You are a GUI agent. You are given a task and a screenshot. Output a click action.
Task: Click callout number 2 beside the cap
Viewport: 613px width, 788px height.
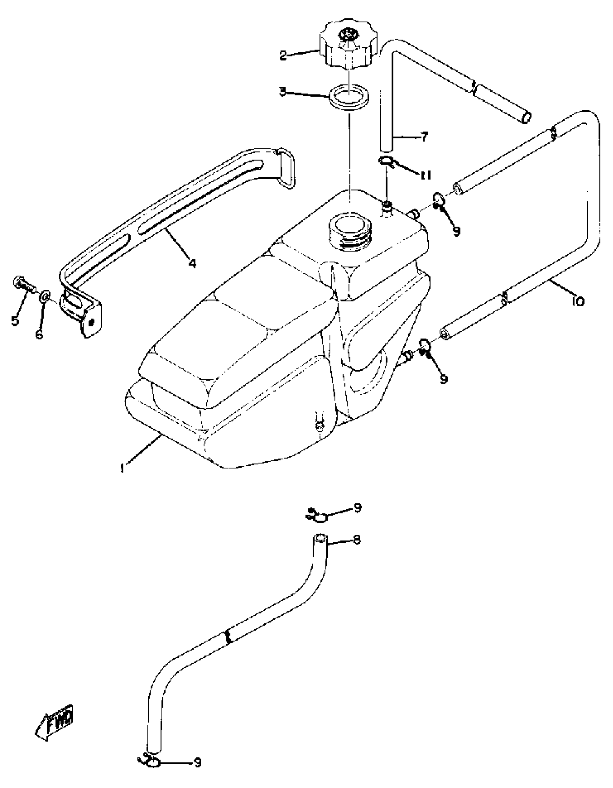pyautogui.click(x=283, y=55)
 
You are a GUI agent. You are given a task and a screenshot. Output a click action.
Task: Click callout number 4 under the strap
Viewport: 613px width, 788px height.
pyautogui.click(x=193, y=264)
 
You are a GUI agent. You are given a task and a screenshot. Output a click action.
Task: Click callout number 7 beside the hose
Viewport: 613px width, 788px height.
pyautogui.click(x=424, y=137)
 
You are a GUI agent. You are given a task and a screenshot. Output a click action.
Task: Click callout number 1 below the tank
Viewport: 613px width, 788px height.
pyautogui.click(x=123, y=468)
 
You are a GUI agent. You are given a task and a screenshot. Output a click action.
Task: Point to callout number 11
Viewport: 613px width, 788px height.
pyautogui.click(x=425, y=175)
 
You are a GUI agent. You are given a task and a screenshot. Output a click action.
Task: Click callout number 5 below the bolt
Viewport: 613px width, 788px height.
pyautogui.click(x=15, y=320)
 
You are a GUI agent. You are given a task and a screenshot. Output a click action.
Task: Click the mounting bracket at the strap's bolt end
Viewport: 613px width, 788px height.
pyautogui.click(x=81, y=310)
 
